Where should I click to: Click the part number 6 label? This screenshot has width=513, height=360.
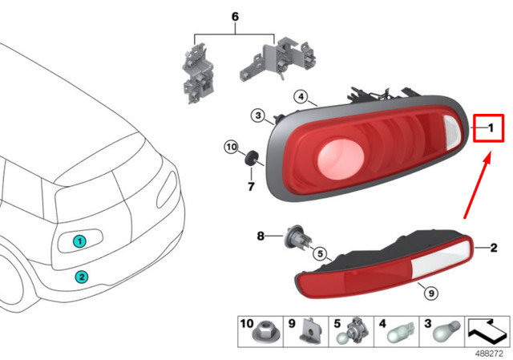coord(235,17)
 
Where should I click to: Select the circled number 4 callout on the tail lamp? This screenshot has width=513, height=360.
coord(301,97)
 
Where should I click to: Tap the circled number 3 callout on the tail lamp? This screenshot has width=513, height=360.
coord(257,116)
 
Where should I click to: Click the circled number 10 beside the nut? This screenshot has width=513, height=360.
coord(231,148)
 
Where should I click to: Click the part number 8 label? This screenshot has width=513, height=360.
coord(260,236)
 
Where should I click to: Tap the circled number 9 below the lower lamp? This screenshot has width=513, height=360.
coord(430,293)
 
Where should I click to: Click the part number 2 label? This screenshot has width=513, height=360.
coord(494,249)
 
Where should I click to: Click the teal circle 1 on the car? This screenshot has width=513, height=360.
coord(79,241)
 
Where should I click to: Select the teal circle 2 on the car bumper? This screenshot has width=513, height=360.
coord(81,277)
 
